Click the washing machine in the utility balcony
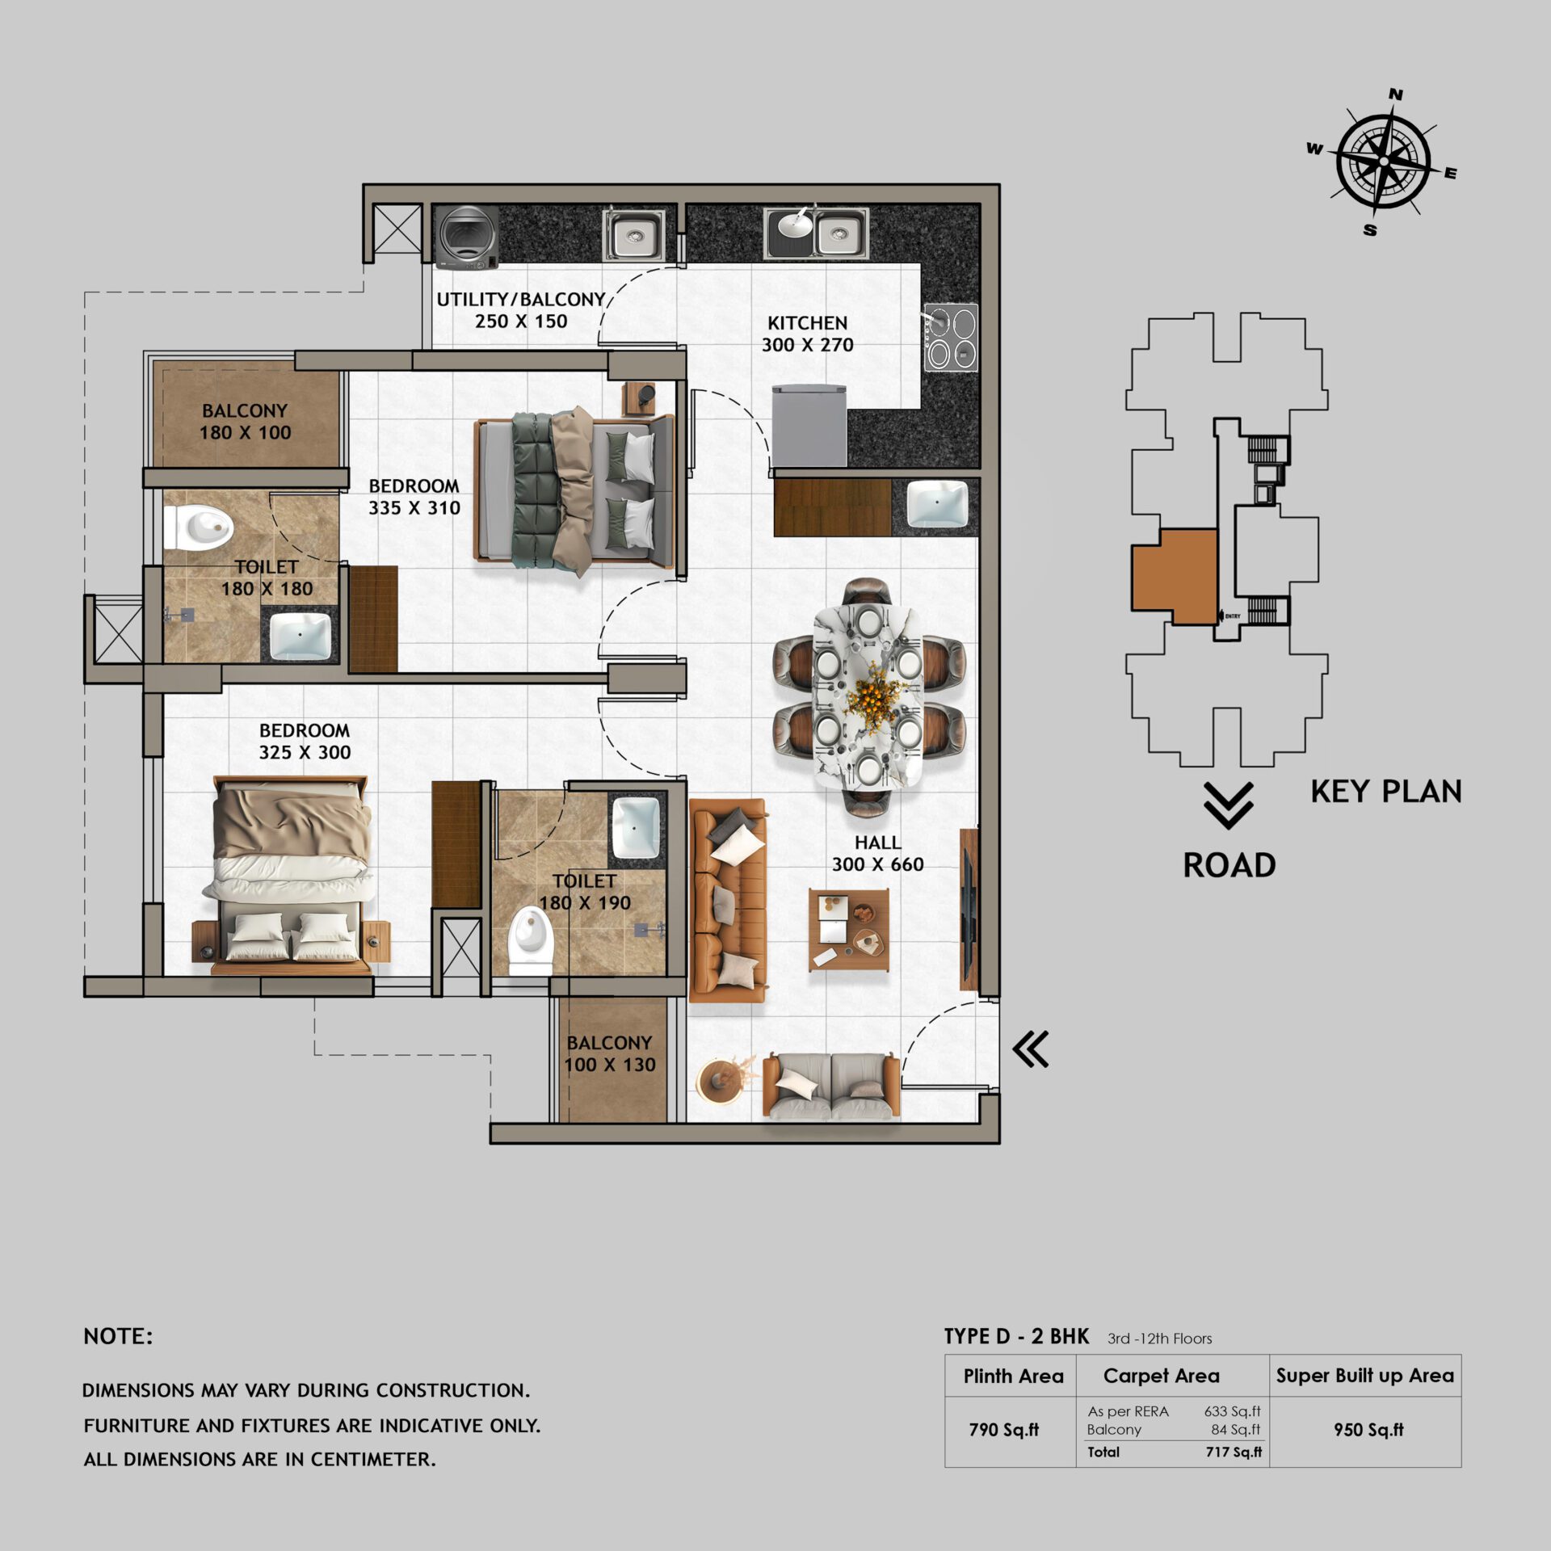click(x=468, y=236)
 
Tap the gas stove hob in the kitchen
click(x=951, y=338)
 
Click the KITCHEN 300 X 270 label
click(x=807, y=334)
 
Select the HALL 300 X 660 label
click(x=877, y=853)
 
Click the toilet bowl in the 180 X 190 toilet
click(x=531, y=939)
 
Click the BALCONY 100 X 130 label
click(x=610, y=1053)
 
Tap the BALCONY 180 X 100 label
click(x=245, y=422)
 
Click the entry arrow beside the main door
click(x=1031, y=1049)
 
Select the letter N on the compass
click(x=1395, y=95)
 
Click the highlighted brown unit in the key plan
click(x=1174, y=577)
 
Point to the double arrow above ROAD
click(x=1228, y=805)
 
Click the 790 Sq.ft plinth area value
click(x=1003, y=1430)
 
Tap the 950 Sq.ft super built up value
click(x=1368, y=1430)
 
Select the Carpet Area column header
click(x=1161, y=1376)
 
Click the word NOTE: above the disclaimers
click(x=118, y=1336)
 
